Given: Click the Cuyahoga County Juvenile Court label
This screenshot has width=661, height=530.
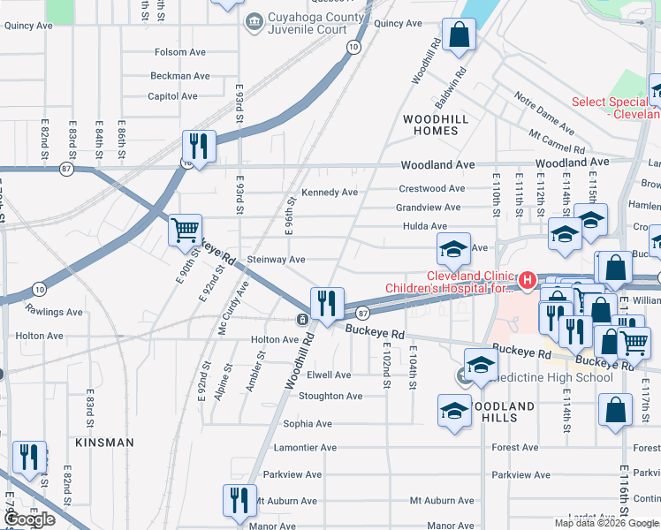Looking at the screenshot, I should (x=315, y=23).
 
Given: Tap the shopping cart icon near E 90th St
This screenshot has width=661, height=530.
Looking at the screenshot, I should (x=186, y=231).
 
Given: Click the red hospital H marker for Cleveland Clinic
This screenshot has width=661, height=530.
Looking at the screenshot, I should (x=528, y=281).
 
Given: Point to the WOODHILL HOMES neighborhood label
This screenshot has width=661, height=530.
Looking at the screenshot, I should (x=430, y=124).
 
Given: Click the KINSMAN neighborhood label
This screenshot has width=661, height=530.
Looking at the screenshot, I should (x=104, y=442).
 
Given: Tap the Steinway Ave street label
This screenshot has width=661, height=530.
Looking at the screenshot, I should (x=277, y=260).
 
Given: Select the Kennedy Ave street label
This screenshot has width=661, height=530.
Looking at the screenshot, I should (x=330, y=193).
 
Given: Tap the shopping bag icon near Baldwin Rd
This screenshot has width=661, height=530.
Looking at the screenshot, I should (x=460, y=36).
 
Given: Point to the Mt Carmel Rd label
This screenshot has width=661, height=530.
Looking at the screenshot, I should (x=557, y=141).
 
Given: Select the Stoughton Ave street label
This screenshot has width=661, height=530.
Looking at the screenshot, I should (x=330, y=396).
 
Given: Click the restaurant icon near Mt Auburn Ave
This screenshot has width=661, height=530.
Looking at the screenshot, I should (x=239, y=499).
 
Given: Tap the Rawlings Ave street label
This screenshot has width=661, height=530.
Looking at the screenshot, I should (x=54, y=312).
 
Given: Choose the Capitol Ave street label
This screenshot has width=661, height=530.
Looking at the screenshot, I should (x=172, y=96).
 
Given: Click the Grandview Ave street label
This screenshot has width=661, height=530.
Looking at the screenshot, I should (x=428, y=208).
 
